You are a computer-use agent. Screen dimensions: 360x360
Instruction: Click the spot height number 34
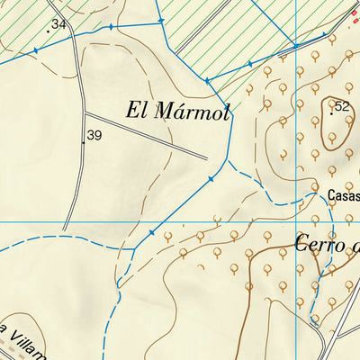tap(59, 23)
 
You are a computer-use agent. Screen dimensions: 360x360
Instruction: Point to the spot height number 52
tap(341, 106)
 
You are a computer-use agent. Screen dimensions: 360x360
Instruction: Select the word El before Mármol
tap(137, 112)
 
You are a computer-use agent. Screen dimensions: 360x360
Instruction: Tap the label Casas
tap(343, 194)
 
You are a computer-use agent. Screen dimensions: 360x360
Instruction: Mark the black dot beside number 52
tap(331, 113)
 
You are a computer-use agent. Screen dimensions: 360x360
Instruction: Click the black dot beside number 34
tap(49, 31)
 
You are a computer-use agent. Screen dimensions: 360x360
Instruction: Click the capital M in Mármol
tap(164, 112)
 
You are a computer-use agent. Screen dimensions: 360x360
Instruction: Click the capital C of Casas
tap(331, 194)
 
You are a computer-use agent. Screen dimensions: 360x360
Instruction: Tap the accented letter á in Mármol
tap(180, 112)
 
